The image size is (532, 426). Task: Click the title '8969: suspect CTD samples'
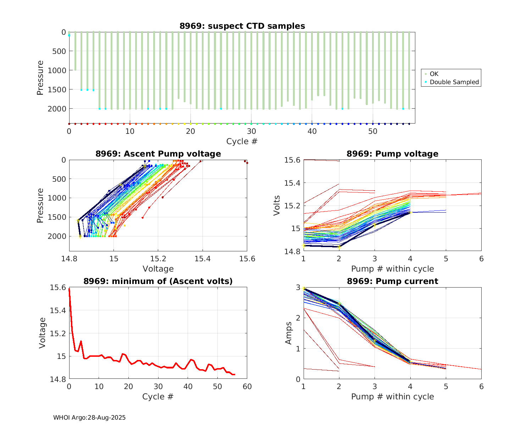pos(242,26)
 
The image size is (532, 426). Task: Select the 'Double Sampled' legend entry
pos(454,82)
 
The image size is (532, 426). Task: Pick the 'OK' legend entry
pos(434,74)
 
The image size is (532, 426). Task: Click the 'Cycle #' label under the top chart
pos(242,141)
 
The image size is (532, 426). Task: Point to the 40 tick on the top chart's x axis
pos(312,131)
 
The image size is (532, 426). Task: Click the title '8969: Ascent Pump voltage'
pos(158,154)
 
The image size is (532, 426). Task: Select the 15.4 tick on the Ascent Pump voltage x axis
pos(203,259)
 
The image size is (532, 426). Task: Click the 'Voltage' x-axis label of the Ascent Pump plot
pos(158,269)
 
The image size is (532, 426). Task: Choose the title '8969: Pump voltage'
pos(392,154)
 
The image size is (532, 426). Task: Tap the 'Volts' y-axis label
pos(277,206)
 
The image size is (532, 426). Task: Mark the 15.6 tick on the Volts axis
pos(292,160)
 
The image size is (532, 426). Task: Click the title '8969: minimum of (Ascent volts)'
pos(158,281)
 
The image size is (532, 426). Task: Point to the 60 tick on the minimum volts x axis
pos(247,386)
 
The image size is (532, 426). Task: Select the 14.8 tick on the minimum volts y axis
pos(59,379)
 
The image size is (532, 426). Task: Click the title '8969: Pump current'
pos(392,281)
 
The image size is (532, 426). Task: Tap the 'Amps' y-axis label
pos(289,333)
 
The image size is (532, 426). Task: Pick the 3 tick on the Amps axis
pos(298,287)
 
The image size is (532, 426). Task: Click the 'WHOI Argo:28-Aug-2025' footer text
pos(89,417)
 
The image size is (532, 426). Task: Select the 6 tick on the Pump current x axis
pos(481,386)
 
